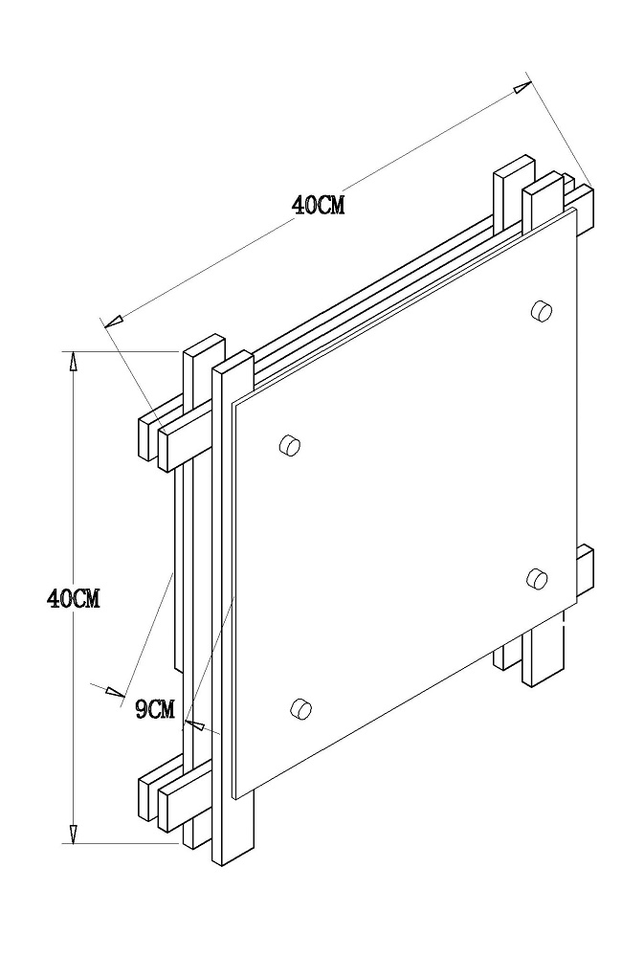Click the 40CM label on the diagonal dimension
click(x=318, y=205)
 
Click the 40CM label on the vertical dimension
click(x=74, y=599)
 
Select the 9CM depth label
click(x=155, y=710)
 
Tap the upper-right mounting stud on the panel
click(x=541, y=311)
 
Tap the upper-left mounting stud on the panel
click(x=289, y=445)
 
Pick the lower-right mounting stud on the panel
click(x=537, y=577)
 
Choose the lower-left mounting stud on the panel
click(x=300, y=708)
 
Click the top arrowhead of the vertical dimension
click(x=74, y=362)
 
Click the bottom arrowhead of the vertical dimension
click(x=74, y=834)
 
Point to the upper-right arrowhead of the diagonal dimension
click(x=521, y=87)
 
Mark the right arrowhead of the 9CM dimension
click(x=194, y=724)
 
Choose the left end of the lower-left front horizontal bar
click(x=163, y=810)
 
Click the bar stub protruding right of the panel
click(x=585, y=571)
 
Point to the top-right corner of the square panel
click(x=576, y=209)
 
